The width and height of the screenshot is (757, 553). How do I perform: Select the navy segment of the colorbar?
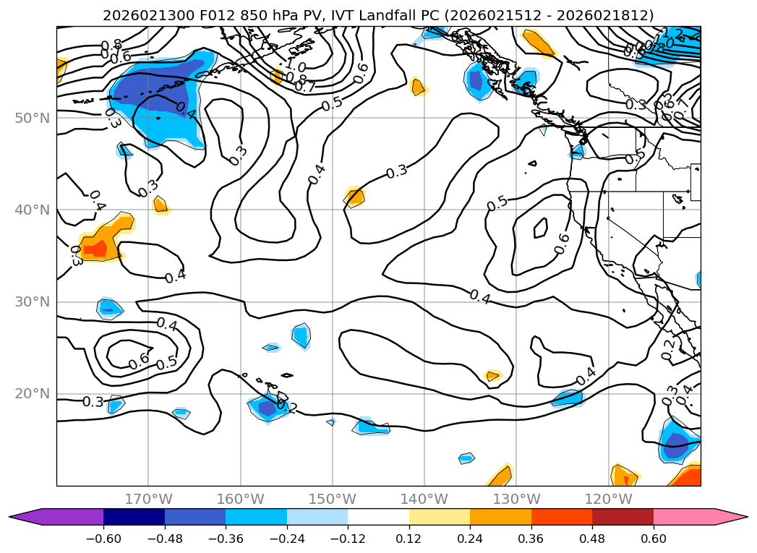[x=134, y=516]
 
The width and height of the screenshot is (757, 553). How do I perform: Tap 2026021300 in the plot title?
[x=140, y=15]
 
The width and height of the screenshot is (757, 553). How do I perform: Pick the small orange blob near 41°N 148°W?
[x=355, y=197]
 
